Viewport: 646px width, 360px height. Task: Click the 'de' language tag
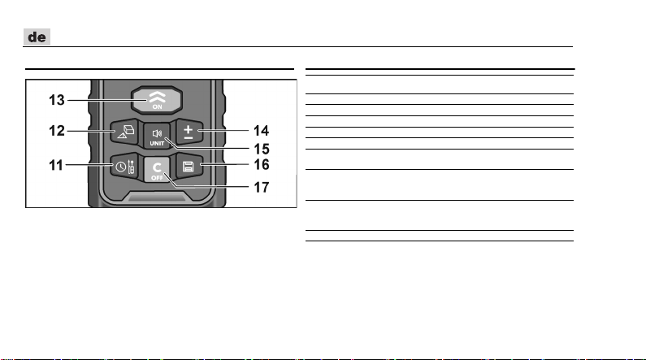tap(35, 37)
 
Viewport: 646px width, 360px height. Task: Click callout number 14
tap(261, 131)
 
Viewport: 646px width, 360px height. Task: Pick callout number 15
tap(261, 150)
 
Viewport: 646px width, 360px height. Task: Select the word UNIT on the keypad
tap(157, 143)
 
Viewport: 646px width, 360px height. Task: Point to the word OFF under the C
tap(157, 176)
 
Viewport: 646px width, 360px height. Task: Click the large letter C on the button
tap(157, 166)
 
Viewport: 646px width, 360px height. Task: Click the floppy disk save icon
tap(188, 167)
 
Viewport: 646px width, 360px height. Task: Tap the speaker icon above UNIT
tap(157, 133)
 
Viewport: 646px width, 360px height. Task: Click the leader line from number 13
tap(98, 100)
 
